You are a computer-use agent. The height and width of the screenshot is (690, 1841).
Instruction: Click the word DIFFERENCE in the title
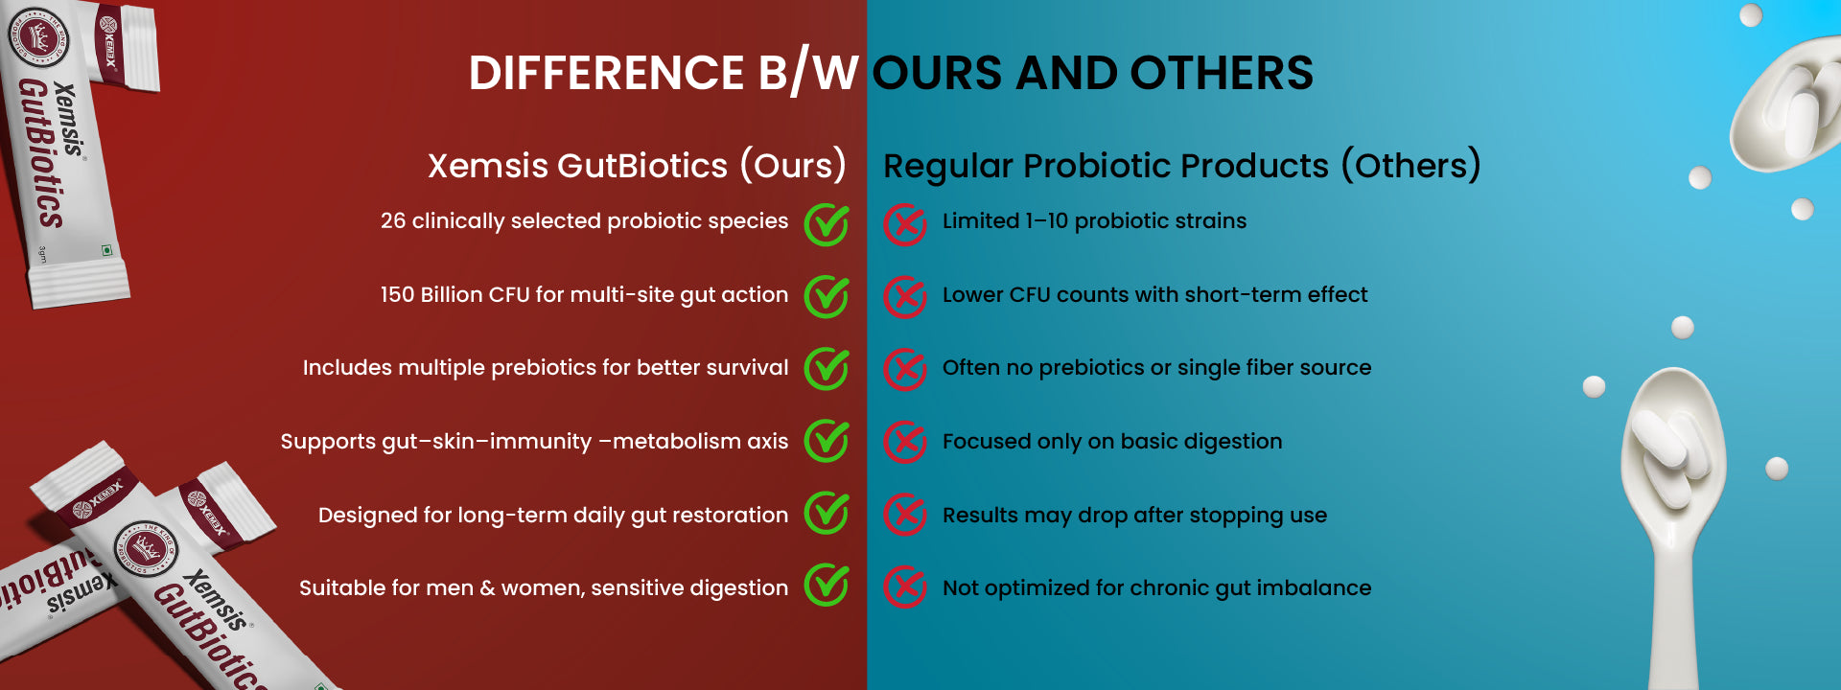[x=606, y=73]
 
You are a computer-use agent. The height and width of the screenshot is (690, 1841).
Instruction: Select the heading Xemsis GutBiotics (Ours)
[x=637, y=166]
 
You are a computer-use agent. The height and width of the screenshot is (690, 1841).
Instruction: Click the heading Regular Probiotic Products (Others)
[x=1181, y=166]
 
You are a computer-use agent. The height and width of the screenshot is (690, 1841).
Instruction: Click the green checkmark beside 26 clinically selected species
[x=827, y=223]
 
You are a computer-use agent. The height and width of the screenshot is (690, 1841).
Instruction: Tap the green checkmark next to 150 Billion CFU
[x=827, y=296]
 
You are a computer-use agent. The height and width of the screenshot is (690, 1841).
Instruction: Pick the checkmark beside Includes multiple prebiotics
[x=827, y=369]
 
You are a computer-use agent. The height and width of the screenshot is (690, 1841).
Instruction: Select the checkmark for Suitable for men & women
[x=827, y=585]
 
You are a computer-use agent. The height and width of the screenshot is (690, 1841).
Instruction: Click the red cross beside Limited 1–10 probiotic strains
[x=904, y=224]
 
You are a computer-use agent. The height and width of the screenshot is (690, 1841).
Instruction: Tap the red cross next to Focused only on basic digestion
[x=904, y=442]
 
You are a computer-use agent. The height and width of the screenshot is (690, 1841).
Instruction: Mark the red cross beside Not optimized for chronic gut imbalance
[x=904, y=586]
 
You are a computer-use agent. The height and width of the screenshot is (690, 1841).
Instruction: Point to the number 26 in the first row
[x=393, y=220]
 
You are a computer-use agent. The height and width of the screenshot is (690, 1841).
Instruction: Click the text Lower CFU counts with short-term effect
[x=1154, y=294]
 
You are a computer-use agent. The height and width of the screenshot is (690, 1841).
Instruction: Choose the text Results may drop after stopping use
[x=1134, y=516]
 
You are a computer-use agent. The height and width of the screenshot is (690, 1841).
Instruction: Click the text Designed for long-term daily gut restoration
[x=553, y=516]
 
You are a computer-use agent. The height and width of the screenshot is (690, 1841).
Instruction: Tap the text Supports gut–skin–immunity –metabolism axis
[x=534, y=442]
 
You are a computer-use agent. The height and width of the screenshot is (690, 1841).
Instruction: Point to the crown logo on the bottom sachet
[x=146, y=549]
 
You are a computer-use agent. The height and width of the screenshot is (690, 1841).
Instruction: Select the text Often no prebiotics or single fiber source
[x=1156, y=368]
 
